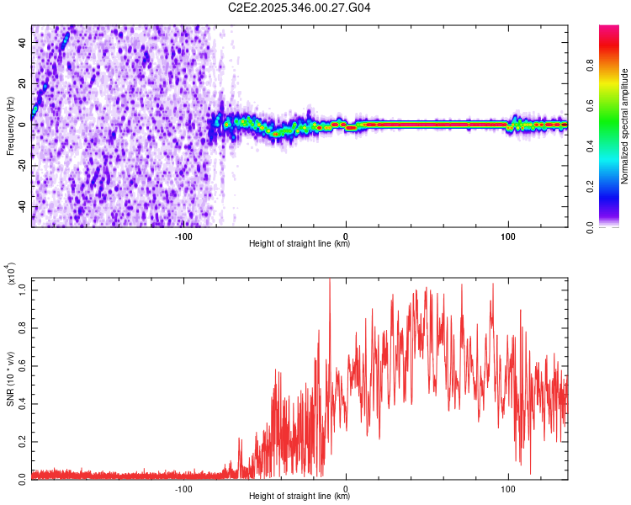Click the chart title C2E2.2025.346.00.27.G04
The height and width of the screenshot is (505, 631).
point(300,8)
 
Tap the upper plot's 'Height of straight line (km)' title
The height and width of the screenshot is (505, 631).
point(300,245)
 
